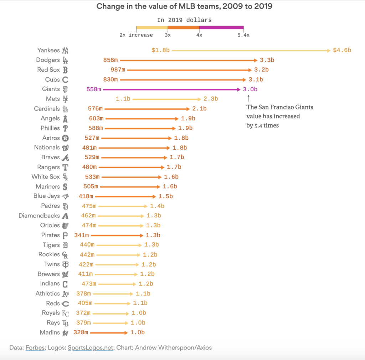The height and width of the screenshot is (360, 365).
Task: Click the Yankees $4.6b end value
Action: (342, 50)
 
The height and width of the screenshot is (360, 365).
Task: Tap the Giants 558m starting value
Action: (94, 89)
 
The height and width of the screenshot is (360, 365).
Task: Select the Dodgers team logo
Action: (65, 60)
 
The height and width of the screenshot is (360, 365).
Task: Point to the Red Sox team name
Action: (48, 70)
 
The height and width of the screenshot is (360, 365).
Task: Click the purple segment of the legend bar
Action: (221, 27)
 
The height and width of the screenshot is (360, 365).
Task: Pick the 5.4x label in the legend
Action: (243, 35)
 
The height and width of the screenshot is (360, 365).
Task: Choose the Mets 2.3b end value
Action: (211, 99)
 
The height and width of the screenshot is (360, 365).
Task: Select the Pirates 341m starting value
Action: (81, 235)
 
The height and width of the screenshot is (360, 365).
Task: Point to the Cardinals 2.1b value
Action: (199, 108)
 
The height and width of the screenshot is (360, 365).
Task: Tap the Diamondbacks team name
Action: (39, 215)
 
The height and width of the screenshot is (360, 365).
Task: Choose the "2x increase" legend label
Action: (136, 35)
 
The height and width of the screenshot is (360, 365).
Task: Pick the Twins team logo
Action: (65, 264)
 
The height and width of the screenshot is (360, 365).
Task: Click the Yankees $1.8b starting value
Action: (160, 50)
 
